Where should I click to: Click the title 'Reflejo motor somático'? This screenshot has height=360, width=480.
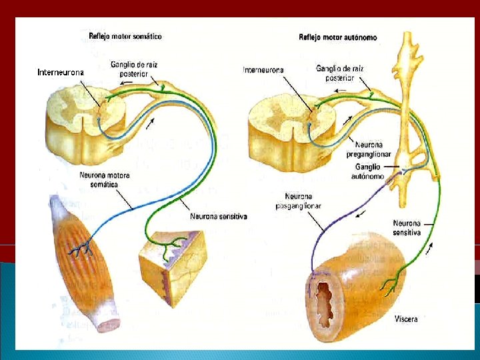coord(125,35)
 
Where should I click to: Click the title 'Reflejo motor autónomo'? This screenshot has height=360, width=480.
coord(337,37)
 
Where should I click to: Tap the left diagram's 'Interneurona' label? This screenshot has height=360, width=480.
coord(61,71)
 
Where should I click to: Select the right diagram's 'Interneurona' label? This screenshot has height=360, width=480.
coord(263,69)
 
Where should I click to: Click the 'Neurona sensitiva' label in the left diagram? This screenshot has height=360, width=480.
coord(219,216)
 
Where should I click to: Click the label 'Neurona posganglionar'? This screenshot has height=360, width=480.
coord(298,201)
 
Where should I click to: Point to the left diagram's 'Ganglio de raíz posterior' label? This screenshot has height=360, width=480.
coord(133,69)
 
